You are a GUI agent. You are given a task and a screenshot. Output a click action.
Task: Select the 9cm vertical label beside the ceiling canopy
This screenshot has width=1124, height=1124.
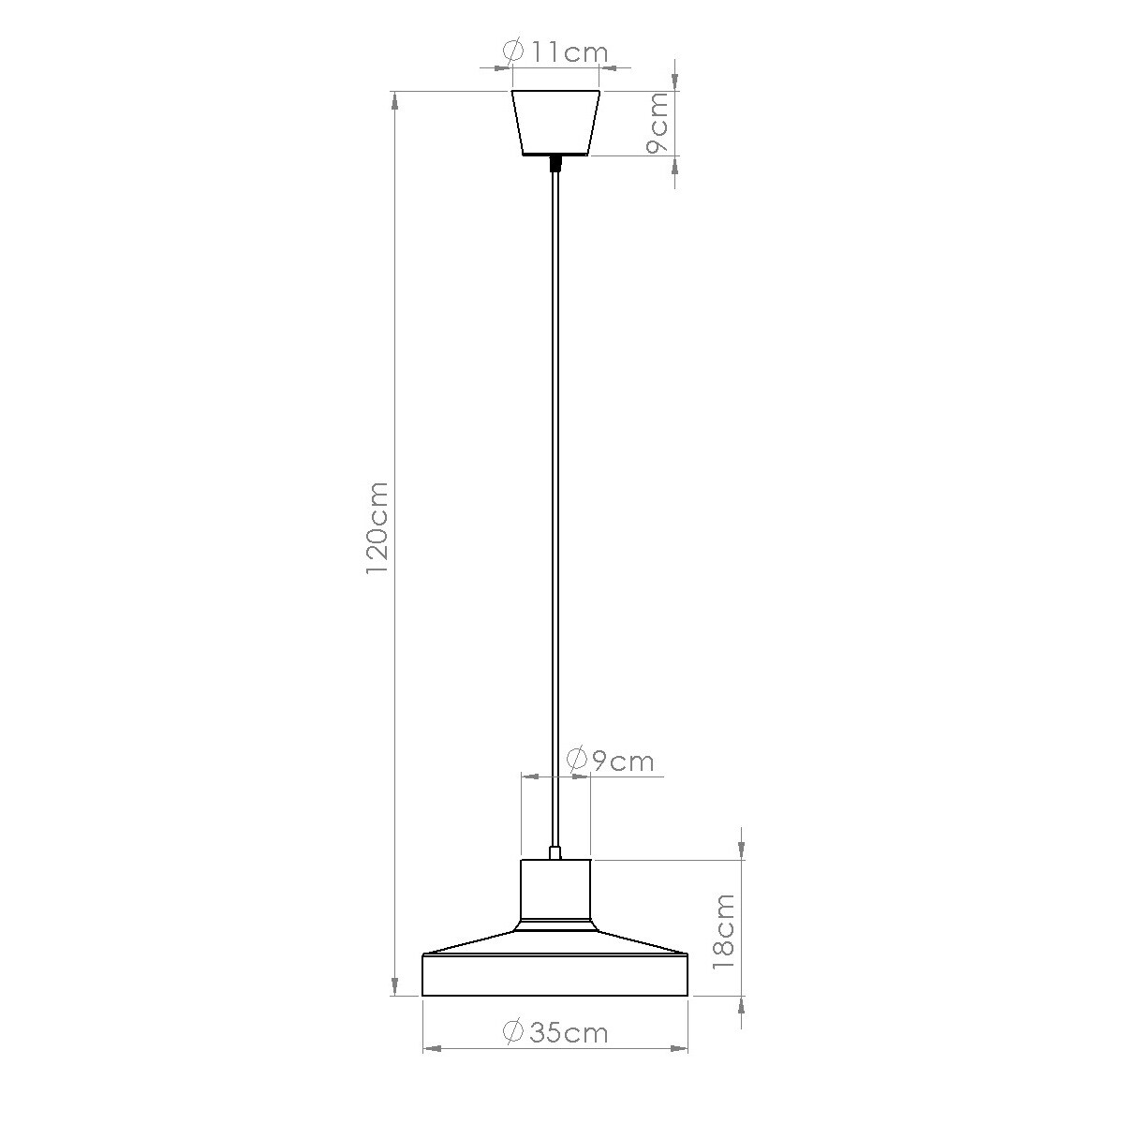[658, 123]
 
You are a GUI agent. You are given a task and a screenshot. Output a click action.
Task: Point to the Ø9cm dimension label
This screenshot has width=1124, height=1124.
[611, 760]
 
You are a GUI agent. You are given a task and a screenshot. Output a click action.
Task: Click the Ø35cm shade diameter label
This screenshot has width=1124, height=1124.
[555, 1033]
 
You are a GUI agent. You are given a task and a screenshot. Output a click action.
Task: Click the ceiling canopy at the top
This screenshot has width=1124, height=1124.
[555, 122]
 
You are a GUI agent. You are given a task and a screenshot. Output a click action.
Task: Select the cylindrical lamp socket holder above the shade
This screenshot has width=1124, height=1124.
[555, 890]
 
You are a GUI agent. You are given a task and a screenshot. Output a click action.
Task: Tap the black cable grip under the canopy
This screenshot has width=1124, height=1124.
[555, 164]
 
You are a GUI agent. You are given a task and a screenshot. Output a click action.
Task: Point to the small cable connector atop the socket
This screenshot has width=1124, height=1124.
[555, 852]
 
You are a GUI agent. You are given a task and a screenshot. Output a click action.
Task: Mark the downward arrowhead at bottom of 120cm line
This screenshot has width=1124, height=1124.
[395, 985]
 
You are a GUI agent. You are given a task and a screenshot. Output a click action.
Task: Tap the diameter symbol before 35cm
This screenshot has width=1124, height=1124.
[513, 1033]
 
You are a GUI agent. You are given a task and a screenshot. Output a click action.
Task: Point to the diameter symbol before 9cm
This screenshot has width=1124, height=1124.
[578, 760]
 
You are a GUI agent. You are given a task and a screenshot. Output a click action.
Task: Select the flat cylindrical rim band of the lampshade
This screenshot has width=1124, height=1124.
[555, 976]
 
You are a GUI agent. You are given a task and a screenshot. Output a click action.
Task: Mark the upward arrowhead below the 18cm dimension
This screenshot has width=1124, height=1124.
[742, 1008]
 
